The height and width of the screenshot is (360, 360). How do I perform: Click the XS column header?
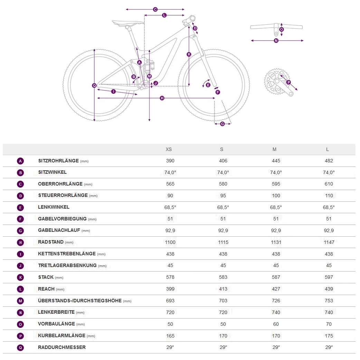169,149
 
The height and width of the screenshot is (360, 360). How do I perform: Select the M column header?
274,149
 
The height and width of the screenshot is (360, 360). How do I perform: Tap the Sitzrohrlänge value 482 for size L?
329,161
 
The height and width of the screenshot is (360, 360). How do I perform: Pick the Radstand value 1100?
170,242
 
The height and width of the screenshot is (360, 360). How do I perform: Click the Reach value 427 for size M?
276,289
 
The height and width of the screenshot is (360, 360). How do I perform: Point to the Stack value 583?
223,277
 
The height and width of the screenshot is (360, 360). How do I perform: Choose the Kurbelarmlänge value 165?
170,335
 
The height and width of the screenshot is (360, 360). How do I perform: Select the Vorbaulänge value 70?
329,324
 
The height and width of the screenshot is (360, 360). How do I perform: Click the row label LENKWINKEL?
54,207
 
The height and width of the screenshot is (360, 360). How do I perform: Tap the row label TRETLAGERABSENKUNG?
68,265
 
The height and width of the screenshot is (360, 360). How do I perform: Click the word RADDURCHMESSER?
62,347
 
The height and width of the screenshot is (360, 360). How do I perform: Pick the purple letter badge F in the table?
20,219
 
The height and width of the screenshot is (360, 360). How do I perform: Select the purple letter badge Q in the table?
20,348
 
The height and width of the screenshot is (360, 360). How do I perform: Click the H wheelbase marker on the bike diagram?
162,98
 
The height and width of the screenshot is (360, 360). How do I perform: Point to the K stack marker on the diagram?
189,54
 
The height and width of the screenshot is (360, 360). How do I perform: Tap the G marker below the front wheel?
222,124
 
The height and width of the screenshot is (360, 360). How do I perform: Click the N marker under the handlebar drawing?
276,41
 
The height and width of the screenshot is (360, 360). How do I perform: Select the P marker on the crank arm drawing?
288,82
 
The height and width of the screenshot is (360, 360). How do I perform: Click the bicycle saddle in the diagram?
127,23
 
